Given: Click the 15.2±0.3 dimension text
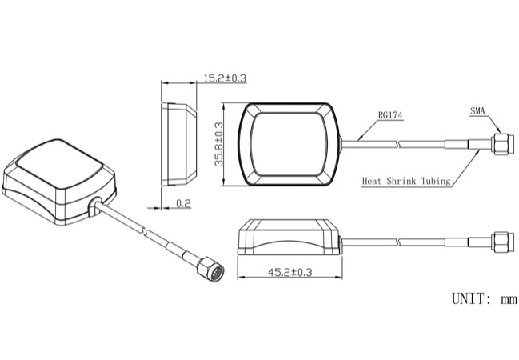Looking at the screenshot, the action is click(225, 78).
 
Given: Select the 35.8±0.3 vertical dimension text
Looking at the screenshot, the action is click(219, 144).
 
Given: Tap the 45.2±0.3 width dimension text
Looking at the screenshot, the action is click(290, 272).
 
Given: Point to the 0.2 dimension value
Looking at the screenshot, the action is click(183, 203).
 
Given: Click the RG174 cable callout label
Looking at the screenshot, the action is click(390, 115).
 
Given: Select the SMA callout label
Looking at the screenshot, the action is click(477, 111).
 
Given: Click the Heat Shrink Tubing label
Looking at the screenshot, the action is click(406, 181).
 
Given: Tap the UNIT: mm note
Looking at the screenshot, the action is click(485, 299).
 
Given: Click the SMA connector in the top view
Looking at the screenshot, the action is click(502, 144).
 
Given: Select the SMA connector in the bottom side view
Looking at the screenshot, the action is click(502, 242).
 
